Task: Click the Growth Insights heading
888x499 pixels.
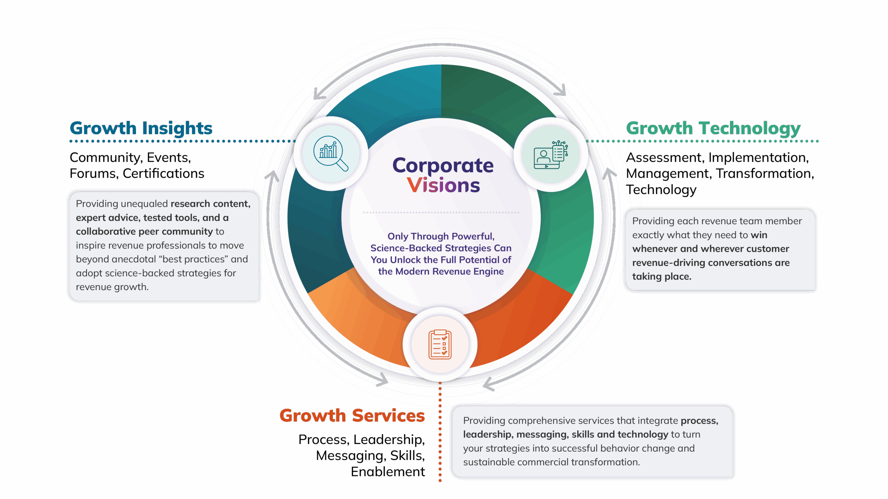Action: point(141,128)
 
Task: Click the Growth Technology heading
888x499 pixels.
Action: point(713,128)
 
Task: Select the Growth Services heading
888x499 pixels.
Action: point(352,415)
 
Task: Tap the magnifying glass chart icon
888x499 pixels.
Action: point(330,154)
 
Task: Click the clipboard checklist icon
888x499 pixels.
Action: point(440,344)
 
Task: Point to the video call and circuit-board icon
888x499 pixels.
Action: point(550,155)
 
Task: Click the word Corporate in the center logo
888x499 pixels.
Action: point(443,165)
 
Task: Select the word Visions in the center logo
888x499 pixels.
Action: point(443,185)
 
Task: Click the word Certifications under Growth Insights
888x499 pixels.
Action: point(163,174)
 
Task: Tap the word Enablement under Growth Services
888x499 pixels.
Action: point(388,472)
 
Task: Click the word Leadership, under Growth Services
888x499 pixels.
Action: point(389,439)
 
